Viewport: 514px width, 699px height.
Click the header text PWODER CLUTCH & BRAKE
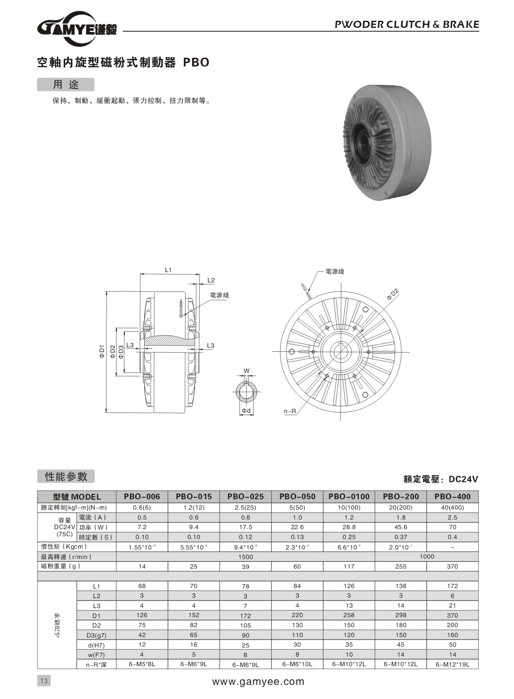click(407, 25)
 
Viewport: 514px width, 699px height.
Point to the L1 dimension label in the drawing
click(168, 270)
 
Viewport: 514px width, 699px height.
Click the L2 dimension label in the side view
click(211, 280)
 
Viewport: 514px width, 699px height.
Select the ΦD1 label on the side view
click(101, 351)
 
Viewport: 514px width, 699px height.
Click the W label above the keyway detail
click(246, 370)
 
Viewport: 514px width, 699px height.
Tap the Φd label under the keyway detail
click(246, 411)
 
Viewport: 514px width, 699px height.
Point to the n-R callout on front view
click(290, 411)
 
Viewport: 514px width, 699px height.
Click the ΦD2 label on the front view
click(393, 294)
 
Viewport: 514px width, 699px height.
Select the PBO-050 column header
click(297, 496)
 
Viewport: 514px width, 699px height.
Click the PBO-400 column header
click(452, 496)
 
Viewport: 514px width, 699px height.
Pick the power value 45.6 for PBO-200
click(400, 527)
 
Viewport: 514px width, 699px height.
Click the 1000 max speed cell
click(427, 557)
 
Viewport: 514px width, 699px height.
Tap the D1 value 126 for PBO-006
click(142, 615)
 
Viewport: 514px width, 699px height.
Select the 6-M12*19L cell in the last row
click(452, 664)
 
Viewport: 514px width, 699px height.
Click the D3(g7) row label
click(96, 635)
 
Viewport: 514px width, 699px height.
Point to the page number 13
click(44, 681)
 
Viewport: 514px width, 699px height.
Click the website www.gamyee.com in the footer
click(258, 682)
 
